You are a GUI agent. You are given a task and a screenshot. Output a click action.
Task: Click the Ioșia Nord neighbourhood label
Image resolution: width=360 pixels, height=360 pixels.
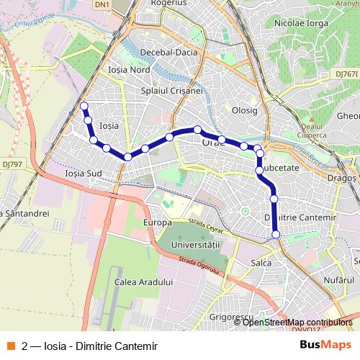[x=128, y=70]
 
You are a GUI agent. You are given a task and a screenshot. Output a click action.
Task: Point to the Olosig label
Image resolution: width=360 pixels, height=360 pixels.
[x=245, y=110]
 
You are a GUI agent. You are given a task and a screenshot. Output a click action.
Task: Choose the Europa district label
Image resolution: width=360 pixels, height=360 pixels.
[x=158, y=222]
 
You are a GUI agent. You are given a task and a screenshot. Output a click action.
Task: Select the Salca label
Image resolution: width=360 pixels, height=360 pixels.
[x=261, y=263]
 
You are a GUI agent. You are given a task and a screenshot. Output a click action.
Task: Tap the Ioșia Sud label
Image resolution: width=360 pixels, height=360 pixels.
[x=84, y=173]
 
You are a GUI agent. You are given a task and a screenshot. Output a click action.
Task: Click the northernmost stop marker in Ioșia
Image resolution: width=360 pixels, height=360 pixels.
[x=84, y=107]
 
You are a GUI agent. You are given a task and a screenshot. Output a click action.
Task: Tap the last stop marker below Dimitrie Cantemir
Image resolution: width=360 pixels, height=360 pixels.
[x=276, y=233]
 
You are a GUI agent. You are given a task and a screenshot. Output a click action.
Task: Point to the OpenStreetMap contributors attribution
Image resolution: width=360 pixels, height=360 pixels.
[x=298, y=322]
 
